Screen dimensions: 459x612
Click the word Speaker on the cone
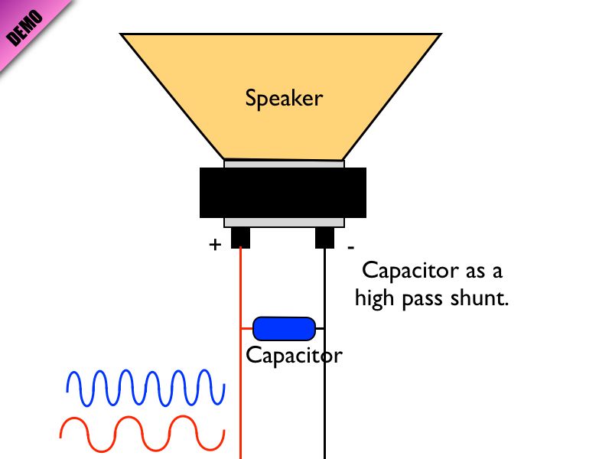point(284,98)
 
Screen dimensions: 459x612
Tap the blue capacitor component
point(284,328)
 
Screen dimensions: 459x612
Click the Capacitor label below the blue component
point(294,356)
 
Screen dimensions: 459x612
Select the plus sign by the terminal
point(215,245)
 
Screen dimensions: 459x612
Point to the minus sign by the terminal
point(350,247)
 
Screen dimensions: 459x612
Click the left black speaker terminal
point(240,237)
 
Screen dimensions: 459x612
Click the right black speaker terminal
point(324,237)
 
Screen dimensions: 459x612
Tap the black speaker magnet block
point(283,193)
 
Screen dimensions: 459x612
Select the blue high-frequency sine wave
point(145,387)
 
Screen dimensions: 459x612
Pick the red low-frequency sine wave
point(142,434)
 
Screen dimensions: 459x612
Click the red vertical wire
point(241,398)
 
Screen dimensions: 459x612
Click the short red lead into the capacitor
point(247,328)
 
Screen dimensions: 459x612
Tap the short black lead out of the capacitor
point(320,328)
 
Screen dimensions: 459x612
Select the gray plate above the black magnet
point(284,164)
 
